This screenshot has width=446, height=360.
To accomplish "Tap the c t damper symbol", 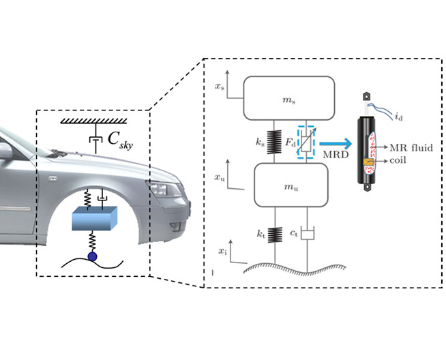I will [x=308, y=235].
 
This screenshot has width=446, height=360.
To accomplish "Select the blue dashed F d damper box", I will [x=305, y=144].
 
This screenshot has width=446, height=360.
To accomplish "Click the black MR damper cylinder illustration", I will [x=369, y=147].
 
